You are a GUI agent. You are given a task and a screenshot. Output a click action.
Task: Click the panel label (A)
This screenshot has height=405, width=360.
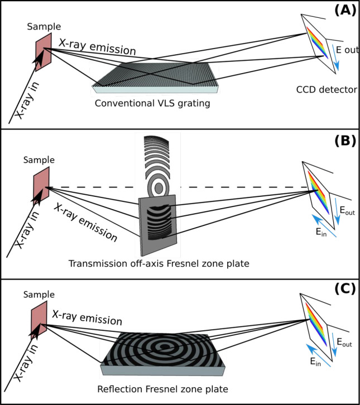(x=342, y=11)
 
